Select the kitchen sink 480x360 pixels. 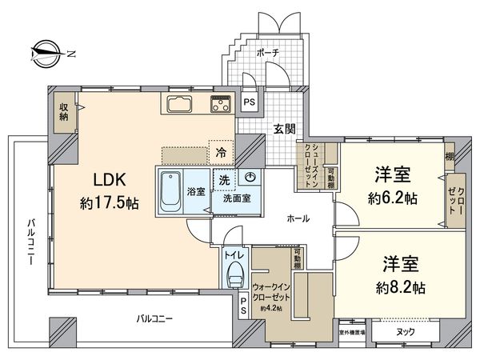(180, 104)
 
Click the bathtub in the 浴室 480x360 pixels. (170, 191)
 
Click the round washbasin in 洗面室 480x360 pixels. (251, 178)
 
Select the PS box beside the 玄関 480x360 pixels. (249, 102)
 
